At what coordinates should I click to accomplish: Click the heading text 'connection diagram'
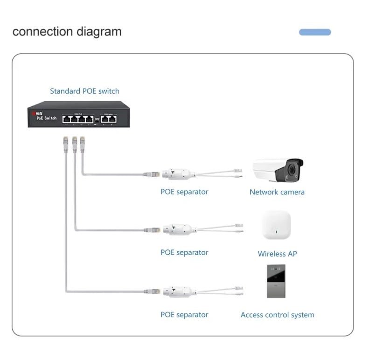pos(67,32)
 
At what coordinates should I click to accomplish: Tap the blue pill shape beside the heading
pos(315,32)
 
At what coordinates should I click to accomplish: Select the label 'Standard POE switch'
pos(84,91)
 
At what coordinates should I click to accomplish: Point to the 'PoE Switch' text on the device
pos(46,118)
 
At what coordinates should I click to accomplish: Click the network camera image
pos(278,170)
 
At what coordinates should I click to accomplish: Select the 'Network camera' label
pos(277,192)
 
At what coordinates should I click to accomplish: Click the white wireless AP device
pos(276,226)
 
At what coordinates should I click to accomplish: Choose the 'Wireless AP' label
pos(277,254)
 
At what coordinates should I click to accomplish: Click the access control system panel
pos(276,281)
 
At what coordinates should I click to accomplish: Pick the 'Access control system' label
pos(277,315)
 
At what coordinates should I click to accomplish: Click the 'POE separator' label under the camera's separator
pos(184,192)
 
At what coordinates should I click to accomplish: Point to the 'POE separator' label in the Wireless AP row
pos(184,252)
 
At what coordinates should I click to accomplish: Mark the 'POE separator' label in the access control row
pos(184,315)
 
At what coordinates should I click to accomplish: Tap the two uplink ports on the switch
pos(109,118)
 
